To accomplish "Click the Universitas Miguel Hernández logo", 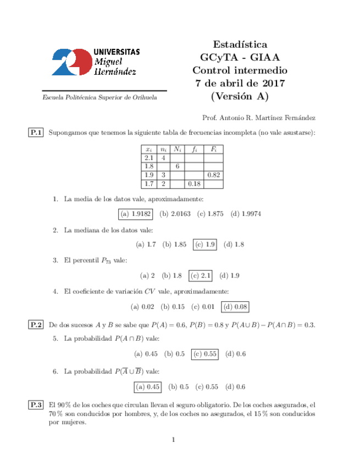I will (95, 61).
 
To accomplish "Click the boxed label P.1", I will (36, 132).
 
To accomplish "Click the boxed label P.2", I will (36, 325).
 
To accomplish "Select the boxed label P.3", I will (36, 405).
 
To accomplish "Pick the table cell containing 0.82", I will (213, 175).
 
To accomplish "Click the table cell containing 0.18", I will (193, 184).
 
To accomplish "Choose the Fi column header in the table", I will (213, 149).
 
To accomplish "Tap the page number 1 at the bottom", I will (173, 439).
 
